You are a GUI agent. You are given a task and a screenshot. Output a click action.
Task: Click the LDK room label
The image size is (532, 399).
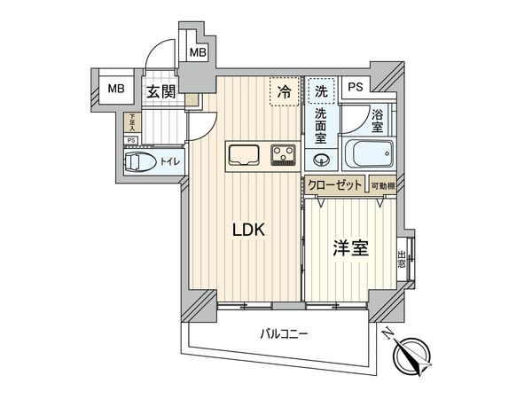(248, 230)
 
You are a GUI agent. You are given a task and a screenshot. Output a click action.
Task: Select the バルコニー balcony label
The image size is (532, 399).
(284, 334)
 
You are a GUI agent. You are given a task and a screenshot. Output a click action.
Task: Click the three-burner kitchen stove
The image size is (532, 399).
(284, 155)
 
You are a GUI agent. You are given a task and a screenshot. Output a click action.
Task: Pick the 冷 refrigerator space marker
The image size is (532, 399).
(285, 90)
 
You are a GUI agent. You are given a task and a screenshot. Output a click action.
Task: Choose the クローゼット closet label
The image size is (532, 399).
(337, 185)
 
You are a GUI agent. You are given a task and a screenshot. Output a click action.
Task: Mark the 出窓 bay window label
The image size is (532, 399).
(402, 258)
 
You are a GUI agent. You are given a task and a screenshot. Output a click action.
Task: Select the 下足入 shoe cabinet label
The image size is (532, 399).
(132, 121)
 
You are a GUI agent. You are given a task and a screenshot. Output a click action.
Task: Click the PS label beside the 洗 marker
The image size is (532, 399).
(355, 87)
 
